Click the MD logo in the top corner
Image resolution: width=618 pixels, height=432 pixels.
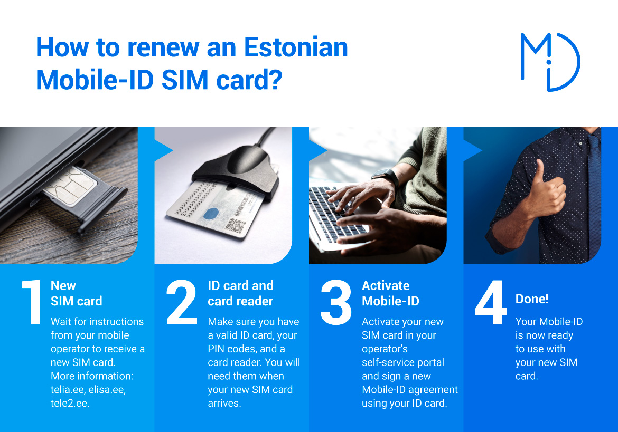[550, 62]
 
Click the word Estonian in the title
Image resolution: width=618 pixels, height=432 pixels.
[296, 47]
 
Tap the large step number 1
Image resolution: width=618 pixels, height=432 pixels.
[32, 302]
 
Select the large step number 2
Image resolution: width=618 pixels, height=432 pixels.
[182, 302]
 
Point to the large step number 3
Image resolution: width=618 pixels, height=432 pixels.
[336, 302]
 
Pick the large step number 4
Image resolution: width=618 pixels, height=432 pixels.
[491, 302]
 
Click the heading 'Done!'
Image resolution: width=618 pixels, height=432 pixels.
[532, 299]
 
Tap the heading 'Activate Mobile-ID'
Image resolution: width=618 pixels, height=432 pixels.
[390, 293]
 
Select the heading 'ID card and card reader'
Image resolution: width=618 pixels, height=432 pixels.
[240, 293]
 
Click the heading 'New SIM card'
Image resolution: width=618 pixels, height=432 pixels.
[77, 293]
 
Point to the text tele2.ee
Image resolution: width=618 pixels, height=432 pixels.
[70, 404]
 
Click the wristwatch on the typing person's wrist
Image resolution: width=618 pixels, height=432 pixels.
[387, 177]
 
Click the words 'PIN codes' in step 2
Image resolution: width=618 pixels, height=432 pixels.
[232, 349]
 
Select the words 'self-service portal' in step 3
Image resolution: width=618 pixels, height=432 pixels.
[403, 362]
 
